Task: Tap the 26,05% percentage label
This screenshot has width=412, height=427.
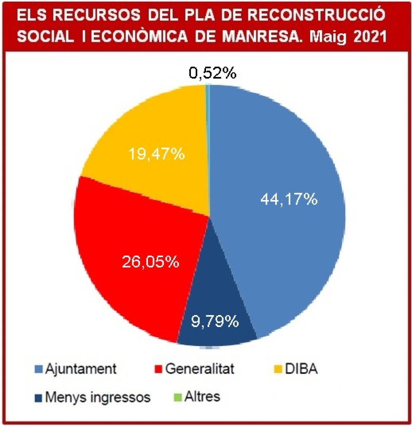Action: pos(150,261)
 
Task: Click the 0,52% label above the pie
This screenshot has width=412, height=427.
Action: pos(213,74)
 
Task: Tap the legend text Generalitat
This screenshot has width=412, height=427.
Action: pos(200,369)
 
